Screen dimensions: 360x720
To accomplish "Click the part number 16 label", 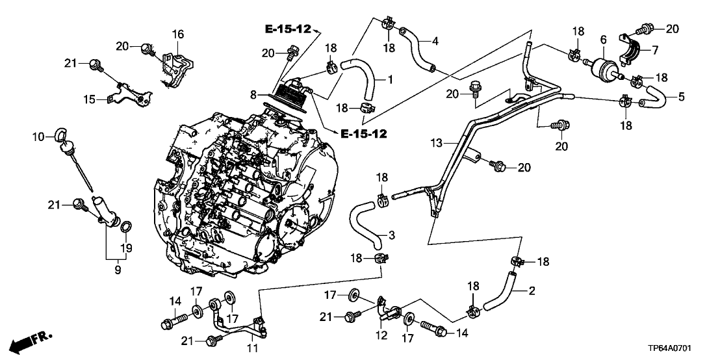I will (177, 34).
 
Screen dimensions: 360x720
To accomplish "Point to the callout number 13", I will (435, 142).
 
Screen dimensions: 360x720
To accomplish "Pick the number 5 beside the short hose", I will (681, 97).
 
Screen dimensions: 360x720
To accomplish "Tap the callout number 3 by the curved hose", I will (391, 234).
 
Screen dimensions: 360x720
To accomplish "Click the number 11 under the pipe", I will (252, 348).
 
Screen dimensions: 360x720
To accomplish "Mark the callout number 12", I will (381, 336).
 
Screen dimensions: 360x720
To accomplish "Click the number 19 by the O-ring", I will (128, 248).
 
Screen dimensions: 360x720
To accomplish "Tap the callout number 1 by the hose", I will (391, 80).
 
